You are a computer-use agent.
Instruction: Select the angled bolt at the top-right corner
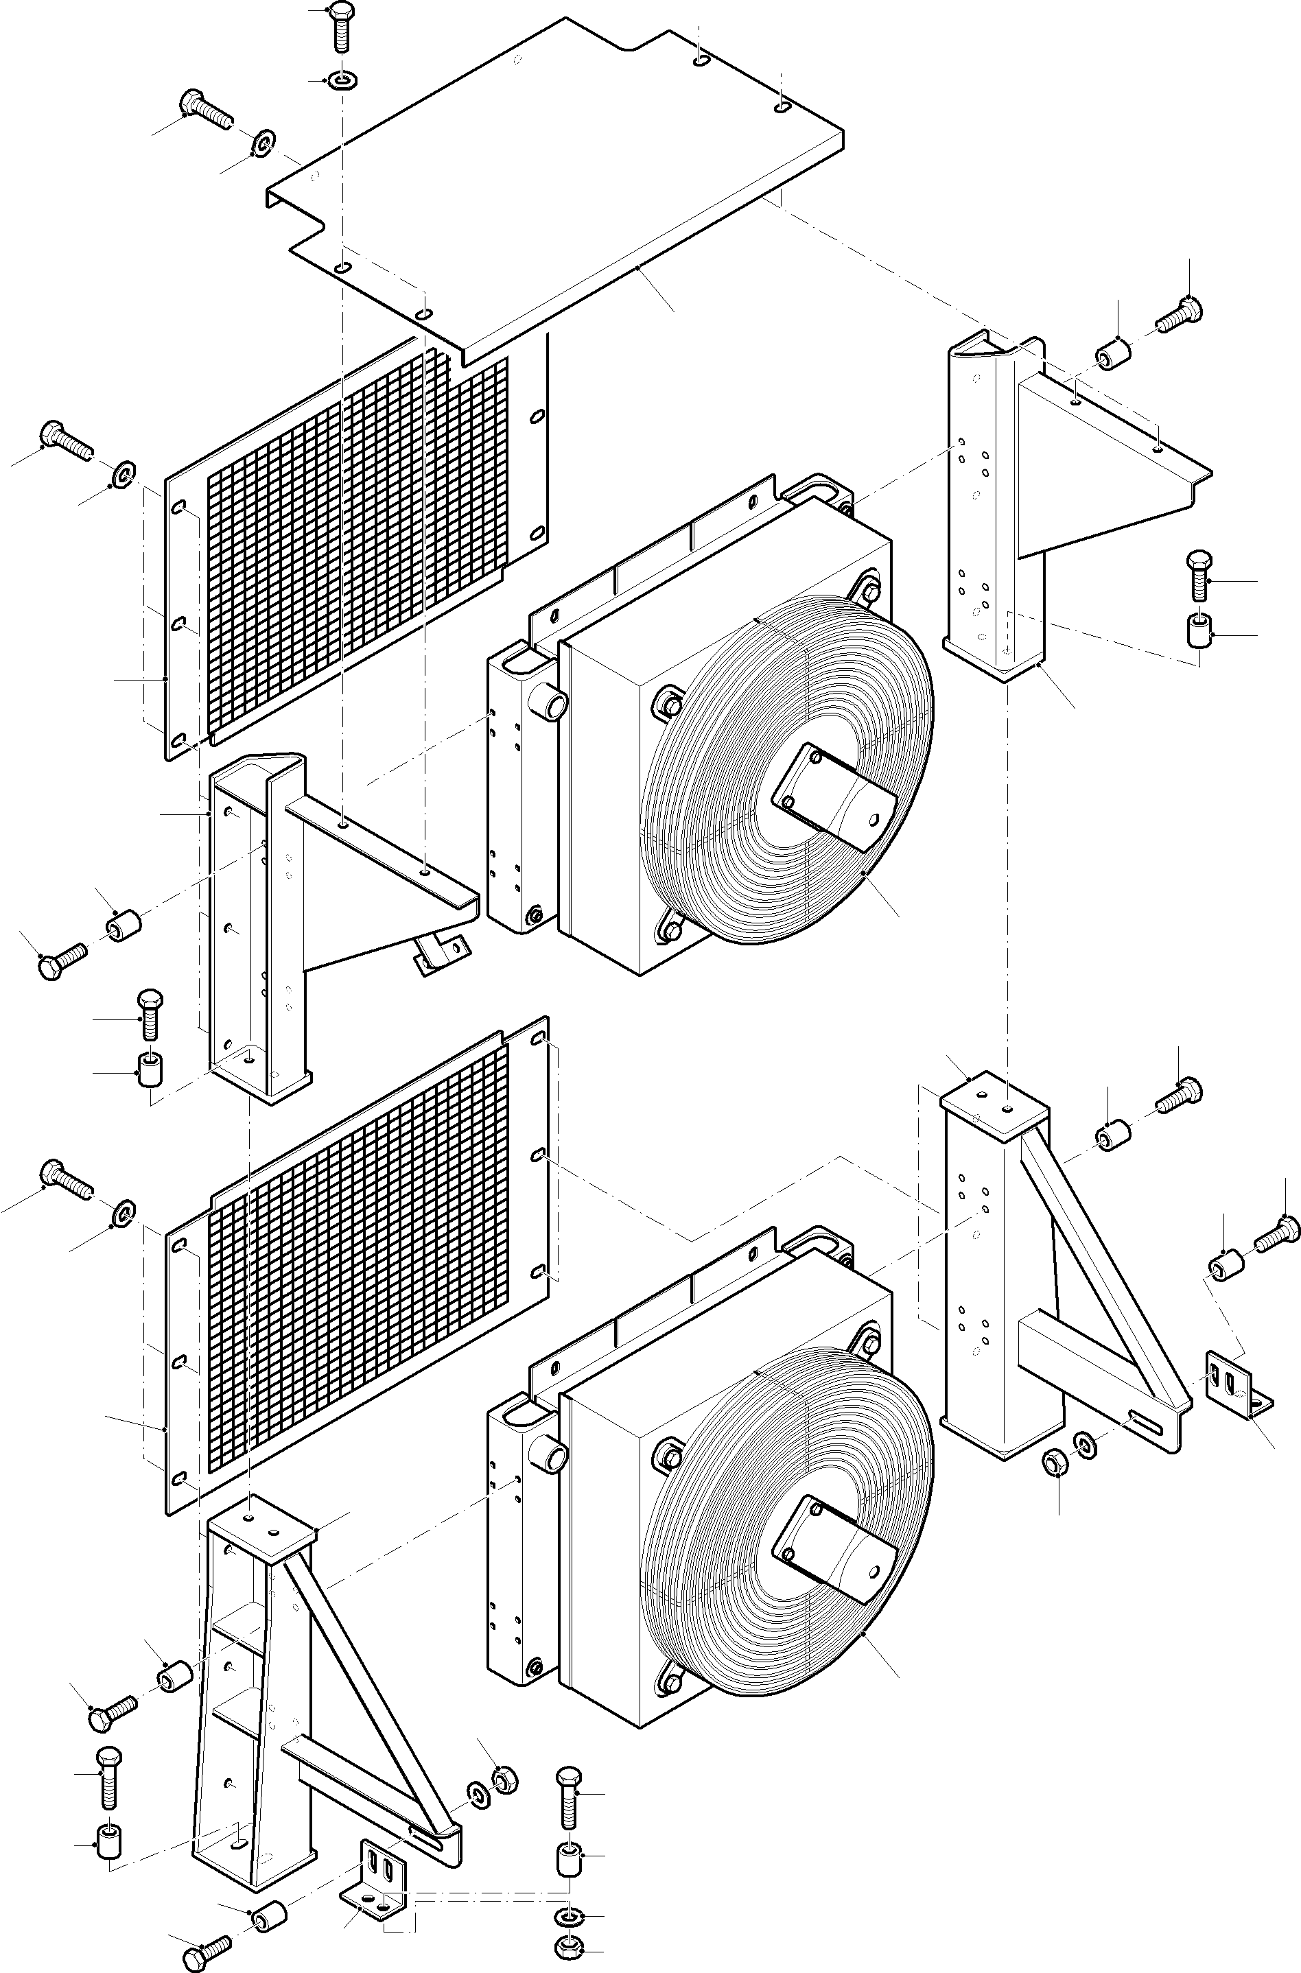pos(1179,314)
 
